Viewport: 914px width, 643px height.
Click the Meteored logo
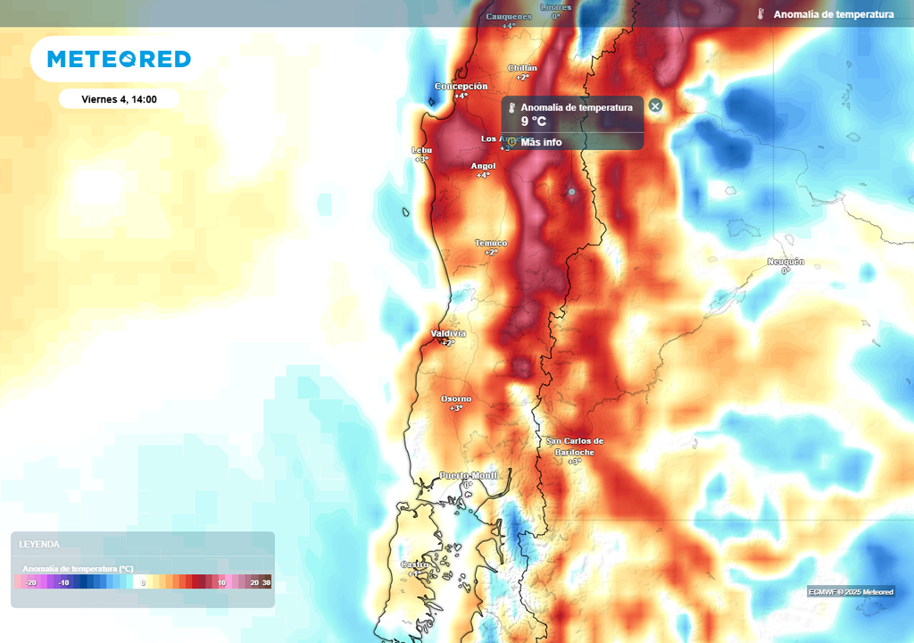click(119, 59)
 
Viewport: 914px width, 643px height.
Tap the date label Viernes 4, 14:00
click(119, 99)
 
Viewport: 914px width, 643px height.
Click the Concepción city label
click(461, 87)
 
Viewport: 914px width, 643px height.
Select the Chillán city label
click(522, 68)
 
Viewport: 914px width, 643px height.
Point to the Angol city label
click(483, 166)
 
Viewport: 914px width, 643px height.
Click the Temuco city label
click(491, 243)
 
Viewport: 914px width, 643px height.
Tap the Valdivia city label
click(448, 333)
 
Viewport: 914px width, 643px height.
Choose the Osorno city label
click(456, 398)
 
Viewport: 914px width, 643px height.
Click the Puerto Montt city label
click(468, 475)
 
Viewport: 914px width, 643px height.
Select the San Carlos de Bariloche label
click(575, 446)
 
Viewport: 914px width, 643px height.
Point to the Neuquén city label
click(785, 262)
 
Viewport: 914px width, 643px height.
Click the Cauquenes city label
click(509, 16)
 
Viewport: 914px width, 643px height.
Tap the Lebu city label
click(421, 150)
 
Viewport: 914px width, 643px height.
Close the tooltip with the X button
click(655, 106)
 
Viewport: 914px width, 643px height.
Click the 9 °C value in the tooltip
click(533, 121)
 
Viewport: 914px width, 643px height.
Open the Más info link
click(541, 142)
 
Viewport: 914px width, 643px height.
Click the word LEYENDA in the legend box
click(39, 544)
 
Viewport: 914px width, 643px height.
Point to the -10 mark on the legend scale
click(63, 582)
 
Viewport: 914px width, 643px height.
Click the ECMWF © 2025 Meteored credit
click(851, 592)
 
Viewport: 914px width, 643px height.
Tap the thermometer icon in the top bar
click(760, 14)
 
